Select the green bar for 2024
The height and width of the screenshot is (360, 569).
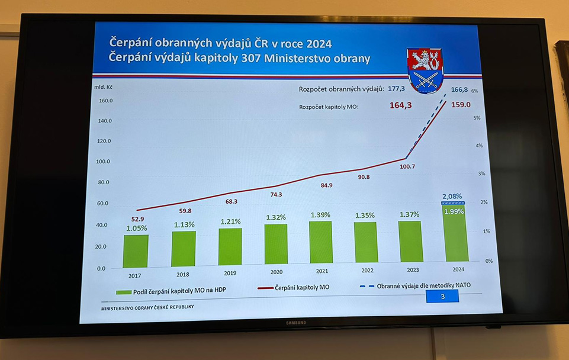coord(455,234)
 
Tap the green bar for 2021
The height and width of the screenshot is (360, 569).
coord(320,242)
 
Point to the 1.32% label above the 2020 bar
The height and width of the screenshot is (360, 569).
coord(276,217)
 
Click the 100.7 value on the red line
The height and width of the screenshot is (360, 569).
coord(407,166)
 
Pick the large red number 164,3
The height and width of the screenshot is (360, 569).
coord(401,105)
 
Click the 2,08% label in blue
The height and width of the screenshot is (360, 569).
coord(452,196)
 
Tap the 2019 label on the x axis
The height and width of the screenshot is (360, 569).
coord(230,274)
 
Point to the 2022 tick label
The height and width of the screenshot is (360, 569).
coord(365,271)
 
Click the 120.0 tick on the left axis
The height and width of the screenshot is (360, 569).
coord(104,141)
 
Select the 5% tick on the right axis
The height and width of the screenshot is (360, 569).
coord(477,118)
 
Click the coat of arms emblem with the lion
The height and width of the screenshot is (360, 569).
coord(426,70)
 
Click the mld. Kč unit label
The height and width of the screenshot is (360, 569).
coord(102,86)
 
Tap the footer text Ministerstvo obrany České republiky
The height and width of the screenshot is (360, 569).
coord(147,307)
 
